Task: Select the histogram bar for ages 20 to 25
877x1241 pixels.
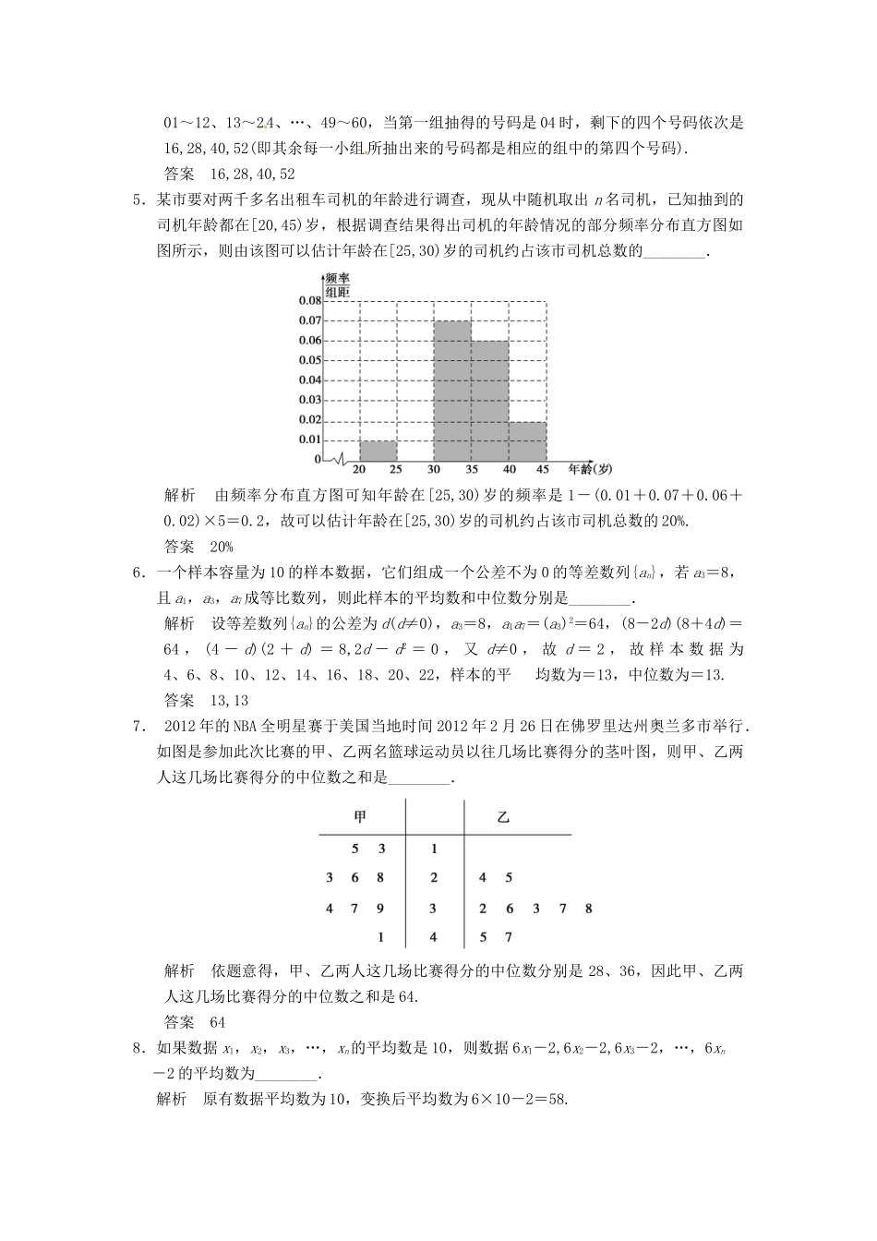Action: point(378,451)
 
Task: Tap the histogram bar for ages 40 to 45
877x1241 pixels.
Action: point(528,441)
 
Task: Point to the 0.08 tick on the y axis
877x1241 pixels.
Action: point(310,301)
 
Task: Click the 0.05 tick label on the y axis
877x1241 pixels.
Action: point(310,360)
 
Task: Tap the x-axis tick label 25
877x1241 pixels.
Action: point(397,470)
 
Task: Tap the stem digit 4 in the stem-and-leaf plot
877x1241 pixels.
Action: point(434,938)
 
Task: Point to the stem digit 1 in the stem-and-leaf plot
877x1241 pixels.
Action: point(434,849)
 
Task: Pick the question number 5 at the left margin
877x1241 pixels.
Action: point(138,199)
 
